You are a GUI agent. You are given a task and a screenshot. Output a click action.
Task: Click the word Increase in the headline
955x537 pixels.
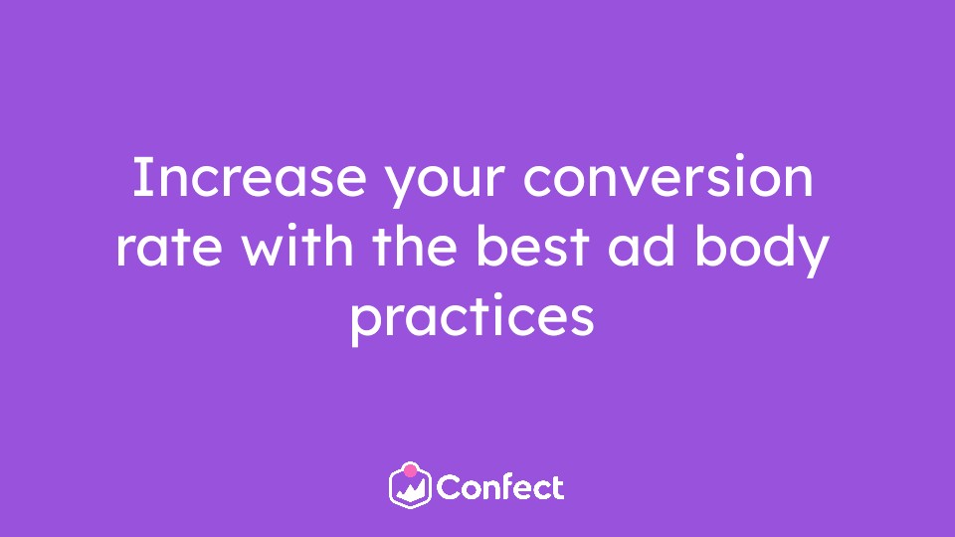[x=249, y=177]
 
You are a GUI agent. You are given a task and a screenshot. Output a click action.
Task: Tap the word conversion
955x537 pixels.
[x=668, y=177]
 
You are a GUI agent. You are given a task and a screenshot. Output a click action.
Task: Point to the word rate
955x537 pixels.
[x=169, y=248]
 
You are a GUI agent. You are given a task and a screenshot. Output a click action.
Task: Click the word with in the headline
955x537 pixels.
[x=297, y=245]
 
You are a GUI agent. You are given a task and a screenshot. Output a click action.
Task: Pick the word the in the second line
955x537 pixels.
[x=414, y=245]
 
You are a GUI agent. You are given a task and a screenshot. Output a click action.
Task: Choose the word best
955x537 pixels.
[x=532, y=245]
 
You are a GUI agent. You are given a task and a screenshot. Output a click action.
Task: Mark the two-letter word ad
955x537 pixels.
[x=642, y=245]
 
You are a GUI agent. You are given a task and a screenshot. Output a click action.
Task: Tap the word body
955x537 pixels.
[x=762, y=250]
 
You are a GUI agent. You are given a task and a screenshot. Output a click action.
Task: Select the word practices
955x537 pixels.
[x=472, y=318]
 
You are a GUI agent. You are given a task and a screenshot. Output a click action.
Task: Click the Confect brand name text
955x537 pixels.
[x=500, y=487]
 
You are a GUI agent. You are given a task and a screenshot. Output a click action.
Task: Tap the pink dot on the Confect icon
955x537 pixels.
[x=411, y=470]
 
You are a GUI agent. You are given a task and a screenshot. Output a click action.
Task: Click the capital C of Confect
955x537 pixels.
[x=448, y=487]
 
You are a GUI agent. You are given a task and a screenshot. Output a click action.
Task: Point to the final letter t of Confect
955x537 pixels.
[x=558, y=488]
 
